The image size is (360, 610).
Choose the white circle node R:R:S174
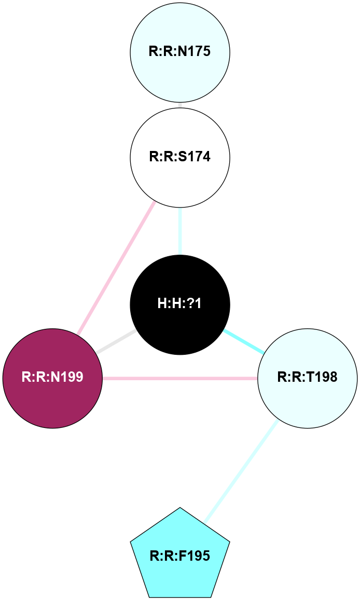(179, 157)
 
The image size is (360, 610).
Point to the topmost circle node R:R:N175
(179, 52)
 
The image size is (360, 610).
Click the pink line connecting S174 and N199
(116, 268)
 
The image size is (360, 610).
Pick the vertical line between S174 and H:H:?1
(179, 230)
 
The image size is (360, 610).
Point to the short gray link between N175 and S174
(179, 105)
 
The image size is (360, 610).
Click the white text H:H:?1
(179, 304)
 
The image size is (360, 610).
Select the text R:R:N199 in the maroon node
(52, 377)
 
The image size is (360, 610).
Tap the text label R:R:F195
(179, 557)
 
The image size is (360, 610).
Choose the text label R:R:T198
(307, 377)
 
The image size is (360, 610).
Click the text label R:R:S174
(179, 157)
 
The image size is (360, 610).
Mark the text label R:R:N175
(179, 52)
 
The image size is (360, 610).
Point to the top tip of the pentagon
(179, 508)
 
